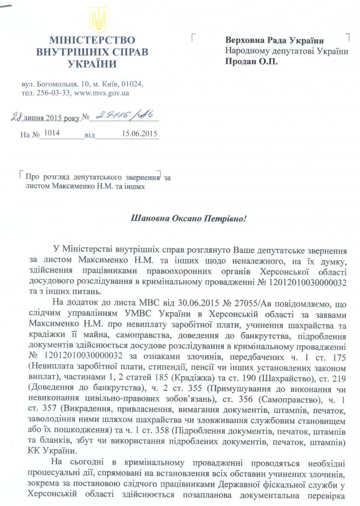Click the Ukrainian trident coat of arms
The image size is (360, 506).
click(x=100, y=20)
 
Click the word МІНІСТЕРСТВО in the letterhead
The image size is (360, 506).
click(x=92, y=40)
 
